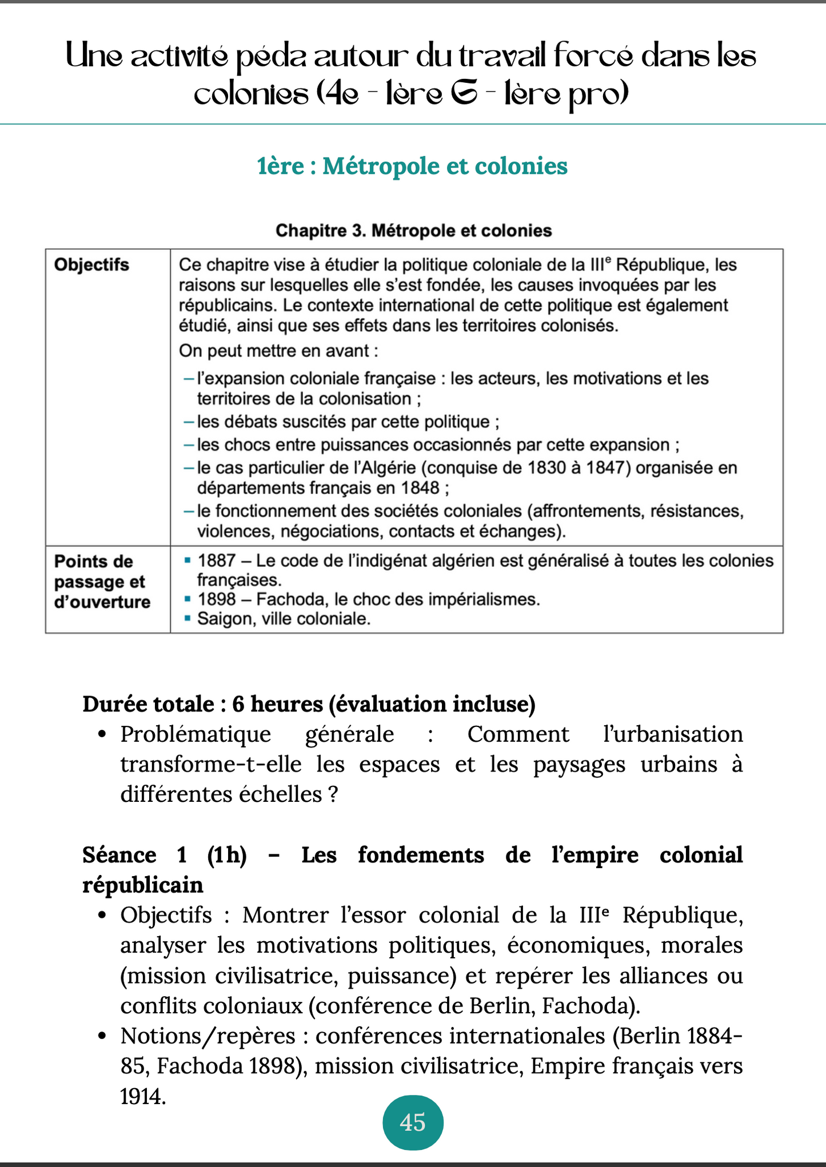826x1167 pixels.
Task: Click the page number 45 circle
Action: (x=413, y=1122)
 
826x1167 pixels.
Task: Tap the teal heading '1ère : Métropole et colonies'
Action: (x=412, y=166)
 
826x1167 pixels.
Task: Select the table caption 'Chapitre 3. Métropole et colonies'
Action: (x=413, y=230)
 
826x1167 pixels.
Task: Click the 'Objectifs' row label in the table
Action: (x=91, y=265)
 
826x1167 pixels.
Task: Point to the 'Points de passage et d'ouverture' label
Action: (x=102, y=581)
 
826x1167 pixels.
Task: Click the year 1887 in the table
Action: (x=216, y=561)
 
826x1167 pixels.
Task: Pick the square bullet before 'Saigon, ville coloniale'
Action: (x=187, y=618)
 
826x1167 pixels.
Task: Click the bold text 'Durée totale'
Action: (x=148, y=704)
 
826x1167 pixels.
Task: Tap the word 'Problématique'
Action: (x=195, y=734)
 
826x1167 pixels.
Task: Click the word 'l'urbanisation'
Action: (x=673, y=734)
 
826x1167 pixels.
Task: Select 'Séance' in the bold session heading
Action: (x=119, y=855)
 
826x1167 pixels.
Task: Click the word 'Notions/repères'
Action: (x=208, y=1036)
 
